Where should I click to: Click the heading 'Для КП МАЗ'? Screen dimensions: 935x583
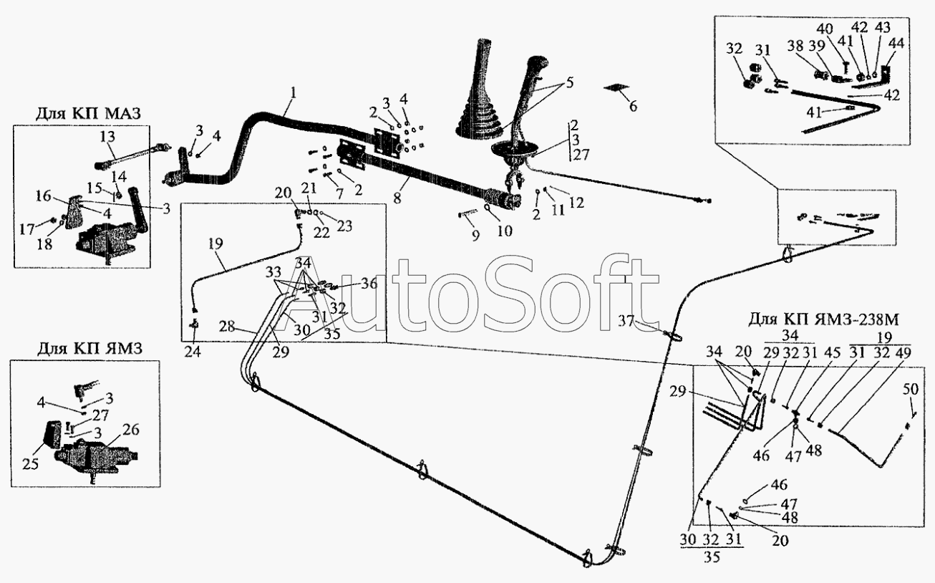tap(88, 114)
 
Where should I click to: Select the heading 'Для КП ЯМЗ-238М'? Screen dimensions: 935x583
tap(823, 320)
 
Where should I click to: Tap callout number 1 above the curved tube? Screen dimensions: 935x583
tap(294, 92)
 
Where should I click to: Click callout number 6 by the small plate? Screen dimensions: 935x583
tap(633, 107)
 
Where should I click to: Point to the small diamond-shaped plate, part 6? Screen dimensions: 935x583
tap(616, 87)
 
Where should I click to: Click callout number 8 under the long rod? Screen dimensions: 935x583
tap(397, 197)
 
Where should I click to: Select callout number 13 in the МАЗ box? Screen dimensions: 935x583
tap(107, 137)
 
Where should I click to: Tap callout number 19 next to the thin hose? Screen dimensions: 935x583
tap(215, 244)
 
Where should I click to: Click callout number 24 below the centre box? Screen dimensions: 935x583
tap(193, 352)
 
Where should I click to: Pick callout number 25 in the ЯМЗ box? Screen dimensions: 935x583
tap(31, 463)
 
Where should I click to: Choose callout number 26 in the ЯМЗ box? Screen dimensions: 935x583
tap(132, 430)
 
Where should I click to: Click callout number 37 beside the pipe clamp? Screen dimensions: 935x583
tap(626, 322)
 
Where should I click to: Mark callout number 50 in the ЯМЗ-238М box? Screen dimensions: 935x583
tap(911, 389)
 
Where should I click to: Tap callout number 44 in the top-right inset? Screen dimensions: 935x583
tap(896, 43)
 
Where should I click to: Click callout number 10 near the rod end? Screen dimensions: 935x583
tap(504, 231)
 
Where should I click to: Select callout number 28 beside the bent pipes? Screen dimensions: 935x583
tap(227, 326)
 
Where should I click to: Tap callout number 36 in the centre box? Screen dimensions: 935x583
tap(369, 284)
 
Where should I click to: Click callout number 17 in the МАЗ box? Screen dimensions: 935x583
tap(27, 229)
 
